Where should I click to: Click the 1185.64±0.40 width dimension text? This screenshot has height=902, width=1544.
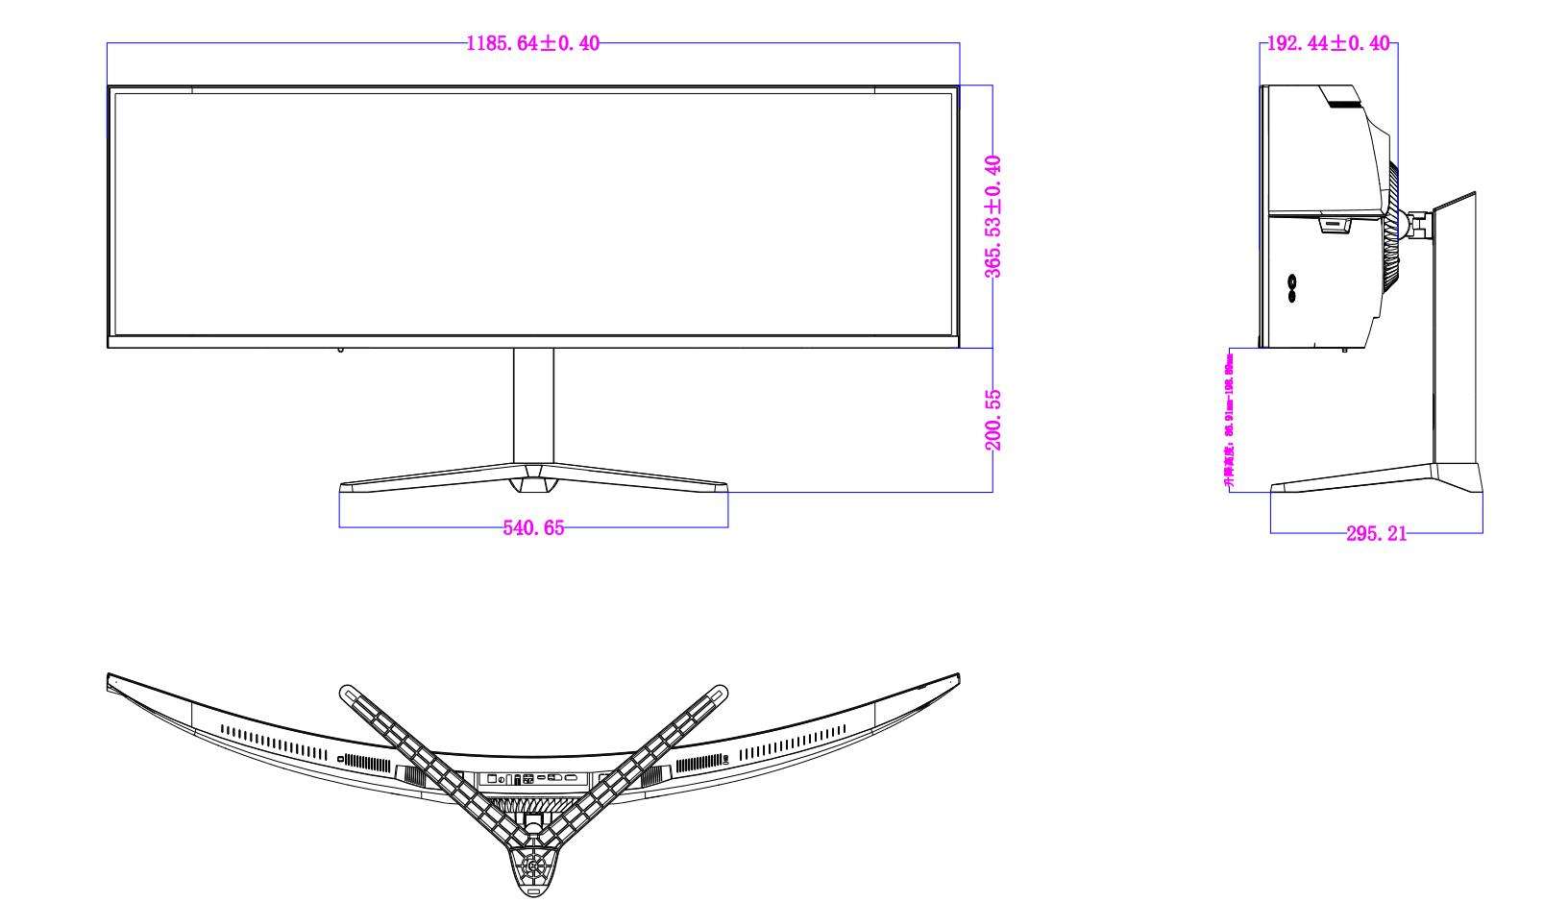coord(532,43)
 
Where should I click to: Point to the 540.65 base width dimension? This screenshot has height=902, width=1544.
coord(533,527)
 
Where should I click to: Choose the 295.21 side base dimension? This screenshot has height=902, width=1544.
coord(1376,533)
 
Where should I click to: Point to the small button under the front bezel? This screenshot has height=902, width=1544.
coord(339,350)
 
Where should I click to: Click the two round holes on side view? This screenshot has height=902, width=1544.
coord(1292,287)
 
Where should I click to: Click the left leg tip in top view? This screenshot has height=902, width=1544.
coord(347,691)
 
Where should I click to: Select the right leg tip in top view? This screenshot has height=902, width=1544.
coord(720,691)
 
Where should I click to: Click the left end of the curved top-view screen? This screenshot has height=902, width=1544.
coord(111,680)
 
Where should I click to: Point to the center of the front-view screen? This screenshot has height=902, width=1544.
coord(533,213)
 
